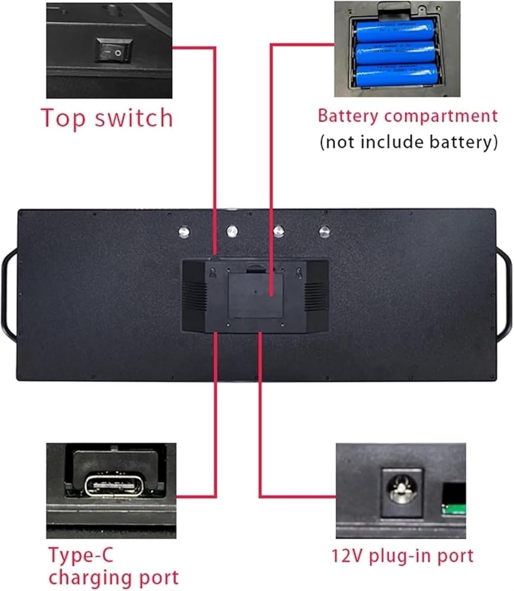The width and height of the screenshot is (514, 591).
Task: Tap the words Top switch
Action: [x=106, y=118]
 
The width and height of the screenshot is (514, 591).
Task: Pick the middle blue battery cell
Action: [x=395, y=53]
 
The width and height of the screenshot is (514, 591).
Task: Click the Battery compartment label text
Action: [x=408, y=115]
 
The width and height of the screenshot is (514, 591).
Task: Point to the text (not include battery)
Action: [x=408, y=142]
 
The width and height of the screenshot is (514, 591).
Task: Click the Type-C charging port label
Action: [x=113, y=566]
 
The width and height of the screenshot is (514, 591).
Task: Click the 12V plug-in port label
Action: [x=402, y=556]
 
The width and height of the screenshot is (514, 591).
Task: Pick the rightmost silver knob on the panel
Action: [x=324, y=232]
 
